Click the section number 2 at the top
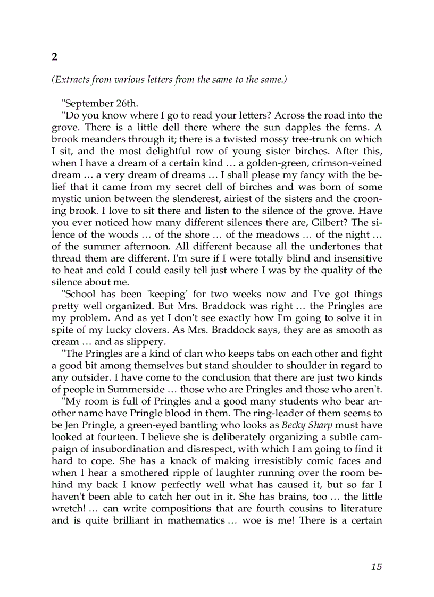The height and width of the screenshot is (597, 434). tap(54, 56)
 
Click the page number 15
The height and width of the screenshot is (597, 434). tap(377, 567)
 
